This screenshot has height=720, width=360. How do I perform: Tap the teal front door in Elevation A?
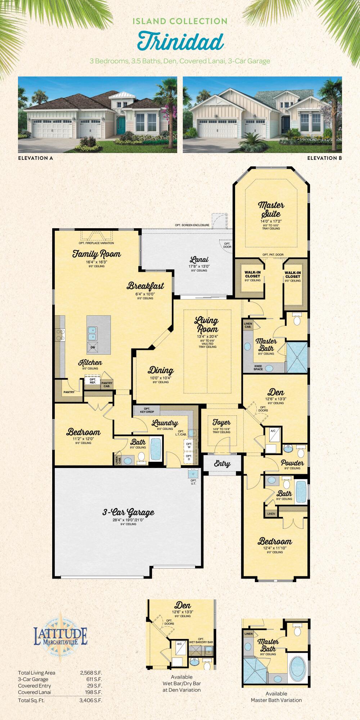coord(122,125)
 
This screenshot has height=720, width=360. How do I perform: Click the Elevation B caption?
coord(324,158)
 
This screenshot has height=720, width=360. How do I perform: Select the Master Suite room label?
coord(271,209)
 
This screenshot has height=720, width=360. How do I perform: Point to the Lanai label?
coord(199,260)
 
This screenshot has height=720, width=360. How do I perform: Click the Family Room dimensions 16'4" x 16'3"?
coord(96,262)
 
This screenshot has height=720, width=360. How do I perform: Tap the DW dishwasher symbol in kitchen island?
coord(93,347)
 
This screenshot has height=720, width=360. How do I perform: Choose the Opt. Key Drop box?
coord(147,410)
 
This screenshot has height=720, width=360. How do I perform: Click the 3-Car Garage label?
coord(128,513)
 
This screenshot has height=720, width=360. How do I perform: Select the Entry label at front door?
coord(222,464)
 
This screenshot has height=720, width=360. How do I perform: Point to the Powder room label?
coord(292,463)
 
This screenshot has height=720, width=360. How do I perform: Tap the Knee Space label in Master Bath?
coord(258,368)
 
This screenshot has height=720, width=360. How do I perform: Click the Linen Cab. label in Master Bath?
coord(248,325)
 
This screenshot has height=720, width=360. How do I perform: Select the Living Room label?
coord(207,324)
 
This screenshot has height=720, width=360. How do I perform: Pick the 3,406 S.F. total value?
coord(91,701)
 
